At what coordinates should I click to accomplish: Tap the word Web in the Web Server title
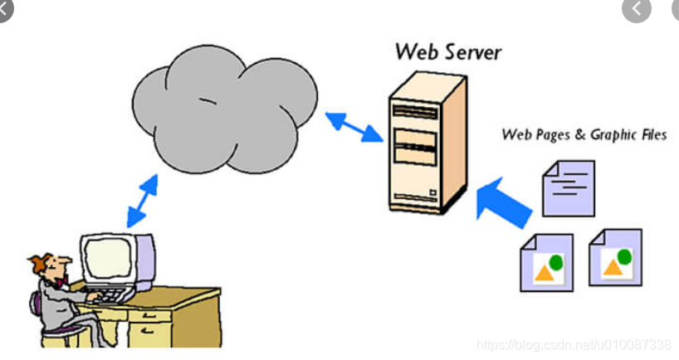pyautogui.click(x=414, y=52)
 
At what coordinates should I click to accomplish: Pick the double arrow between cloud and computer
pyautogui.click(x=142, y=200)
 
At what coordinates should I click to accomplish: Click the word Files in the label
pyautogui.click(x=652, y=134)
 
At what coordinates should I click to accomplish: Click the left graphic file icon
pyautogui.click(x=545, y=262)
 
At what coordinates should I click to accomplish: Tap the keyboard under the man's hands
pyautogui.click(x=108, y=294)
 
